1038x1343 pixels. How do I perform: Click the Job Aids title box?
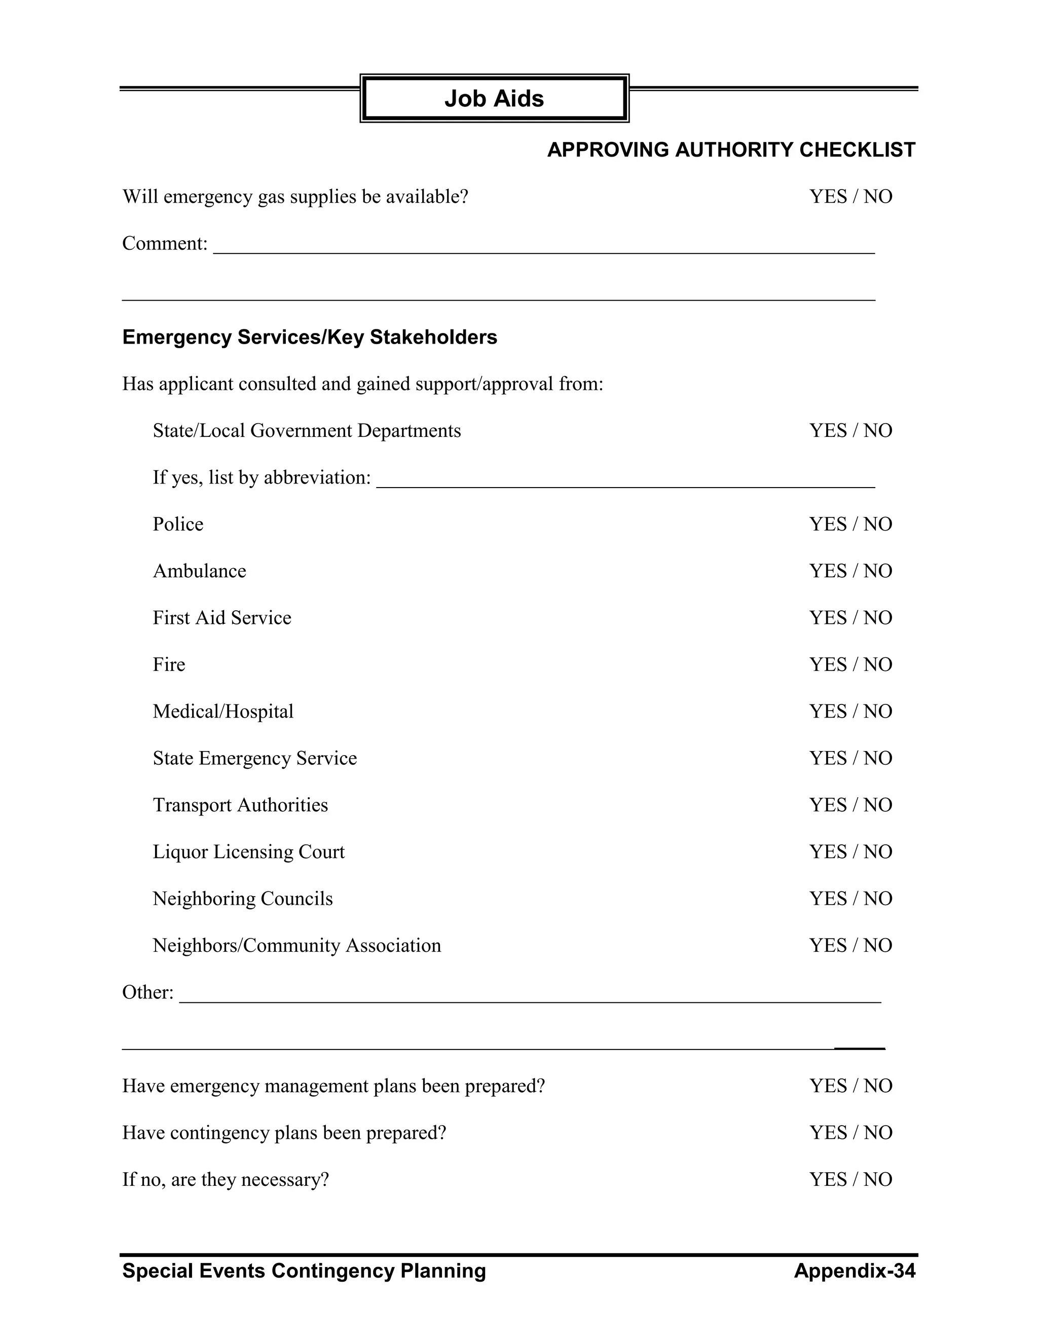(494, 98)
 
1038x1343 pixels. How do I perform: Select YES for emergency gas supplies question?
(828, 197)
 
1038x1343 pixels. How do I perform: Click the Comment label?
(165, 243)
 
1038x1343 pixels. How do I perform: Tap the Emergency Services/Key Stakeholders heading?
(309, 337)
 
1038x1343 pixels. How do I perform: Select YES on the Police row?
(828, 524)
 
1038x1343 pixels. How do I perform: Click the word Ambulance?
(199, 571)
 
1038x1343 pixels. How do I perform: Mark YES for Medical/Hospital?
(828, 711)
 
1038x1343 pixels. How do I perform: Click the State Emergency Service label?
(254, 758)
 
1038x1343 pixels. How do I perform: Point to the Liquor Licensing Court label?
(248, 852)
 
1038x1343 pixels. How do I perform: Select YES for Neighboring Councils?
(828, 899)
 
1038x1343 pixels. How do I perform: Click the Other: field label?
(147, 992)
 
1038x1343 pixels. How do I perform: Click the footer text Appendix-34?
(854, 1271)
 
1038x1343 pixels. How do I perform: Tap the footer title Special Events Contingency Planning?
(304, 1271)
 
